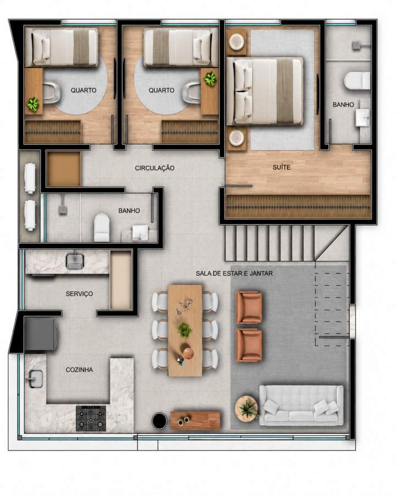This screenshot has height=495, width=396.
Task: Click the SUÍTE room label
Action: (282, 167)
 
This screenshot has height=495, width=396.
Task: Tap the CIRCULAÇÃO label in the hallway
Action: (155, 168)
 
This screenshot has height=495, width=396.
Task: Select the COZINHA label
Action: (79, 370)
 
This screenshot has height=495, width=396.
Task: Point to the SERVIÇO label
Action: (79, 294)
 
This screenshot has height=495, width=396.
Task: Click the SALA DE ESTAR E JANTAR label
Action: (234, 273)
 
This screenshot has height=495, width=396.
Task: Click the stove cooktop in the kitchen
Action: (91, 419)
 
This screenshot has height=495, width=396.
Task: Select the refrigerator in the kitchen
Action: (40, 334)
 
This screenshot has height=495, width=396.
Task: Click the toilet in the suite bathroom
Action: (357, 81)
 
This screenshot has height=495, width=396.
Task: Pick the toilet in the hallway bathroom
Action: (102, 227)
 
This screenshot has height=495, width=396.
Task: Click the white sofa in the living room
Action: (301, 405)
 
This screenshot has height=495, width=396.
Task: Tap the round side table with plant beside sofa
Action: (246, 408)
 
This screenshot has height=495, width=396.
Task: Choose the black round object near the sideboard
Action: (159, 421)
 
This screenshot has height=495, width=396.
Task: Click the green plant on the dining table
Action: (185, 330)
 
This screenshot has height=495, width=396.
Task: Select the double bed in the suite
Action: (265, 91)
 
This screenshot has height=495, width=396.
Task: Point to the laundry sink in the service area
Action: (75, 261)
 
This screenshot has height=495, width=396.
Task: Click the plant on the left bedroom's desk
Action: (33, 104)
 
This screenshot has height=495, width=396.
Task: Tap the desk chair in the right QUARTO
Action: (191, 92)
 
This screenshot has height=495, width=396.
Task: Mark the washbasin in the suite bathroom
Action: (362, 118)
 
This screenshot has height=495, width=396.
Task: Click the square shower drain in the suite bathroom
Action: (357, 46)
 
